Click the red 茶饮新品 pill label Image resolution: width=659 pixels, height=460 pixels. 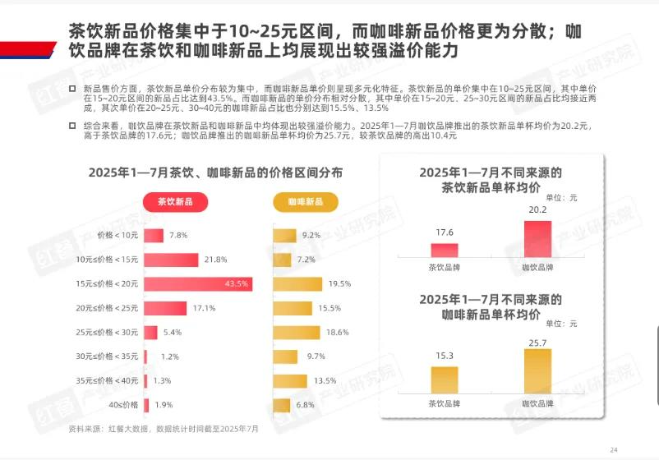(x=175, y=201)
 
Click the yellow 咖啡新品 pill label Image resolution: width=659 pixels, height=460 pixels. (x=305, y=201)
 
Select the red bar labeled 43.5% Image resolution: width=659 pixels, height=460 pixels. (x=197, y=284)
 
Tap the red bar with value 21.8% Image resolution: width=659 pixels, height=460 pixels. (x=171, y=260)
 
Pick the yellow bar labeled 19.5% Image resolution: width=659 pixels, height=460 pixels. (x=297, y=284)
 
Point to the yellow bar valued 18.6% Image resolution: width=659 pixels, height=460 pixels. (x=296, y=333)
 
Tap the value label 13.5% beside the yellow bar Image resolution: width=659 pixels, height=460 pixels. (x=325, y=381)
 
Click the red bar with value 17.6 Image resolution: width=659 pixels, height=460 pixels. (x=444, y=251)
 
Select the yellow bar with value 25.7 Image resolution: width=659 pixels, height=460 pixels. (x=537, y=370)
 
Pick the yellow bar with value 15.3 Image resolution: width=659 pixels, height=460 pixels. (x=444, y=379)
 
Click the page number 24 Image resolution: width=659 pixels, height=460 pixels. (x=613, y=449)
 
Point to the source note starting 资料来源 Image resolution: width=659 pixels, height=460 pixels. (x=163, y=429)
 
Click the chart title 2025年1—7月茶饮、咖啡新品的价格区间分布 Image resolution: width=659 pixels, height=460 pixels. (x=215, y=172)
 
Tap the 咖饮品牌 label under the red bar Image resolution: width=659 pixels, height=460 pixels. (x=537, y=268)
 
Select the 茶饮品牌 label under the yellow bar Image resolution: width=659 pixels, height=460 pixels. (x=444, y=403)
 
